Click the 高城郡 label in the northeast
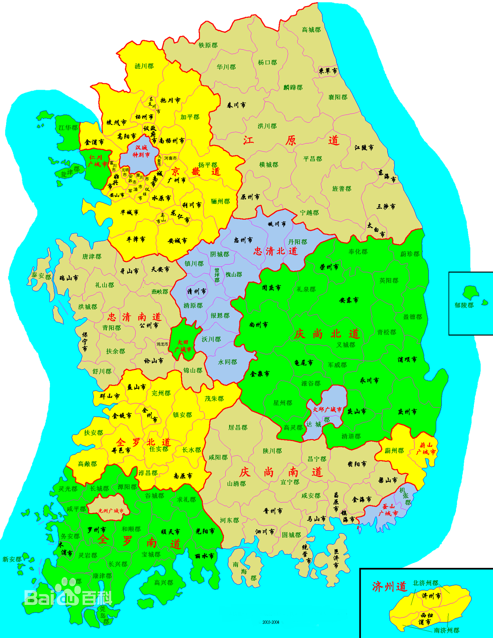point(311,30)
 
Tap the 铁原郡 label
point(208,45)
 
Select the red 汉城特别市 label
point(141,151)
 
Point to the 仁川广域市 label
point(97,161)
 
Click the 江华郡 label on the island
point(68,128)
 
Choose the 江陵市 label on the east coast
point(364,148)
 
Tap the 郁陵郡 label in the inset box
point(464,305)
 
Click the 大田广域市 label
point(183,346)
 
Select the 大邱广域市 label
point(327,409)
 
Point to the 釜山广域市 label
point(388,510)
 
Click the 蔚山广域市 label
point(426,448)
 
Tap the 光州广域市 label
point(111,511)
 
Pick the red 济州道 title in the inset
point(389,587)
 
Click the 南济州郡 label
point(446,630)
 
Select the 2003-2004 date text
point(271,622)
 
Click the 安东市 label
point(349,300)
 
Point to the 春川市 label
point(236,105)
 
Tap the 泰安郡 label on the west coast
point(41,276)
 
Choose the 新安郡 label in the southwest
point(12,559)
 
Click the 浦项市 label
point(407,360)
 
